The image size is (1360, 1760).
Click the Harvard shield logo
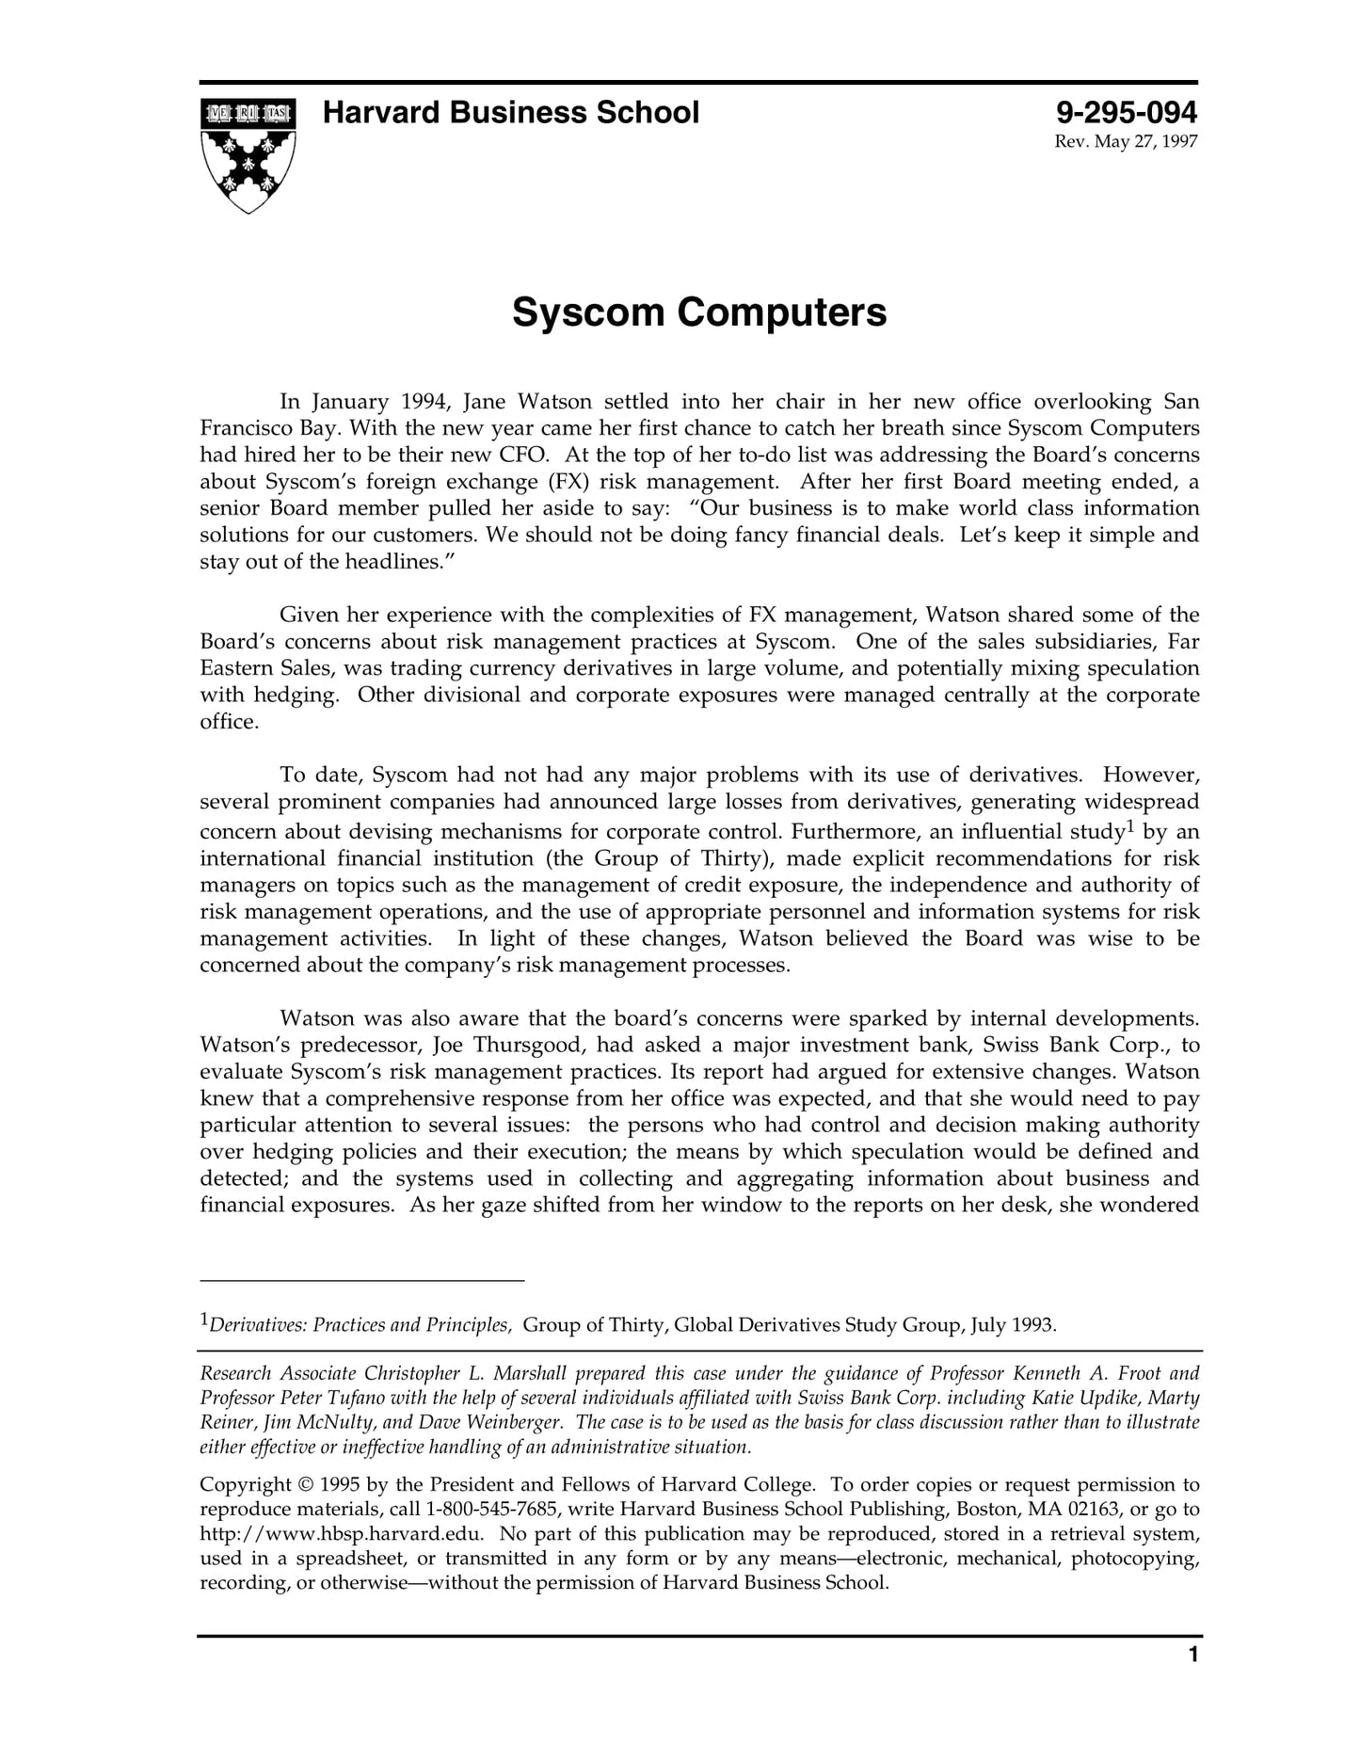click(248, 153)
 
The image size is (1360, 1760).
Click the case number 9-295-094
click(1127, 113)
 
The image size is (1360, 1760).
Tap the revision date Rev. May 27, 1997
click(1126, 142)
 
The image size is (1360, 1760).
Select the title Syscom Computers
click(698, 312)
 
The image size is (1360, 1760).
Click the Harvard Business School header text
click(511, 113)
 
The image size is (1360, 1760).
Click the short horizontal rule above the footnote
click(361, 1280)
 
